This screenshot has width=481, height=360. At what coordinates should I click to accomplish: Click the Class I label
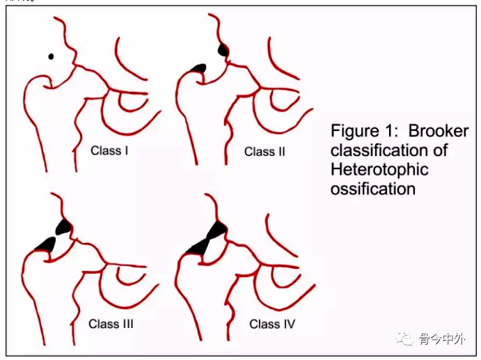pyautogui.click(x=110, y=150)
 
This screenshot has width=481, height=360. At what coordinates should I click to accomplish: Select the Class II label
pyautogui.click(x=265, y=151)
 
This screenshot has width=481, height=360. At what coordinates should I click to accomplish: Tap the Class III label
pyautogui.click(x=111, y=324)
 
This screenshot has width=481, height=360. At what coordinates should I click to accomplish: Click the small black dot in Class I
pyautogui.click(x=50, y=56)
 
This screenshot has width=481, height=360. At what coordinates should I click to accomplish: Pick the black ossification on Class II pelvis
pyautogui.click(x=223, y=50)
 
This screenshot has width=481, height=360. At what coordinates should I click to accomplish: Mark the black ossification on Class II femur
pyautogui.click(x=200, y=67)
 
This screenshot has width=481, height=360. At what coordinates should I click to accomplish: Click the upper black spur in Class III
pyautogui.click(x=64, y=226)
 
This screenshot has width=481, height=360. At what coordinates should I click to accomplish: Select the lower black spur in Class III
pyautogui.click(x=46, y=243)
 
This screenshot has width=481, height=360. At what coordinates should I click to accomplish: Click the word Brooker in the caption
pyautogui.click(x=439, y=131)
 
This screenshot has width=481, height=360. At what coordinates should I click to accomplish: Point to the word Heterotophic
pyautogui.click(x=379, y=169)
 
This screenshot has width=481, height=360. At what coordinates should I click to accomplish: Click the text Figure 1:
pyautogui.click(x=365, y=131)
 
